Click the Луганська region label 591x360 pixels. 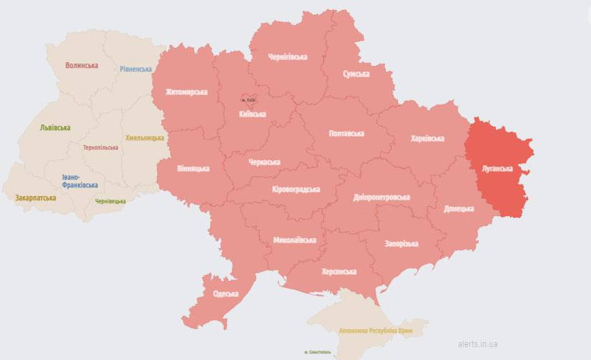pos(497,169)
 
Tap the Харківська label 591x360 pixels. pos(427,138)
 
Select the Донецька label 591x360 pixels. pos(459,208)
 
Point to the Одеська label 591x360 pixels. pos(226,294)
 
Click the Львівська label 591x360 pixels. pos(54,127)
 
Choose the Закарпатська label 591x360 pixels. pos(35,197)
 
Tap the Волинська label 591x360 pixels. pos(81,65)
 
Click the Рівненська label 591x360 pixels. pos(136,69)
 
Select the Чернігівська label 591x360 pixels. pos(287,57)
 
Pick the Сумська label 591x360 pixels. pos(356,74)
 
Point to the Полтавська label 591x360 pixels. pos(346,134)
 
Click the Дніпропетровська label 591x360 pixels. pos(382,197)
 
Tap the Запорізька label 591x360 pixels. pos(401,244)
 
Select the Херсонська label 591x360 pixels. pos(339,271)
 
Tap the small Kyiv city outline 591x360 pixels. pos(248,99)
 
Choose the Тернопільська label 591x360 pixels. pos(101,147)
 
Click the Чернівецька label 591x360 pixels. pos(110,201)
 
